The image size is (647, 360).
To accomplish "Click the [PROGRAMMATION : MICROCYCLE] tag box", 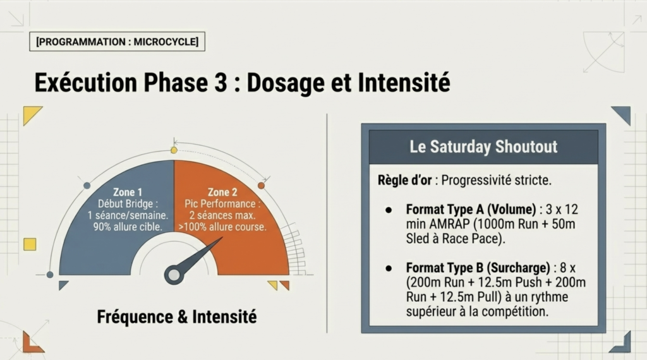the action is (x=117, y=42).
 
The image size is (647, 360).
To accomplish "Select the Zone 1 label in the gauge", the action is (x=128, y=192).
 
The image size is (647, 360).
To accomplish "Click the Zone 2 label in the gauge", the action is (x=222, y=192).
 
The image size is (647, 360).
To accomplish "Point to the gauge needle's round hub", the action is (x=174, y=275).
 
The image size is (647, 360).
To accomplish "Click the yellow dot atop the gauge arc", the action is (x=174, y=150).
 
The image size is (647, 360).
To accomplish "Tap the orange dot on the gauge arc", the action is (x=261, y=186).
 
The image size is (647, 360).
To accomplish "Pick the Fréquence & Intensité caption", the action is (x=177, y=316).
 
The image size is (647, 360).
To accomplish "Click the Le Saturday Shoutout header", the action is (x=483, y=147).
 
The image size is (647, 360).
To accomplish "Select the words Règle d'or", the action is (x=404, y=180).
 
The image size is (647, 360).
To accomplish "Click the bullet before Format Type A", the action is (x=389, y=210).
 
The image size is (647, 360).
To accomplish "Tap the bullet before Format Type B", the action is (x=389, y=268).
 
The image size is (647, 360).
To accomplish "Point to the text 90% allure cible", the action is (x=128, y=227).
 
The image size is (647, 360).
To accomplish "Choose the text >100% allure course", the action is (x=222, y=227).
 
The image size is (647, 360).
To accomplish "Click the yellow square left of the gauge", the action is (x=30, y=244).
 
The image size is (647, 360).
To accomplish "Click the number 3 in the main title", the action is (x=221, y=83).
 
